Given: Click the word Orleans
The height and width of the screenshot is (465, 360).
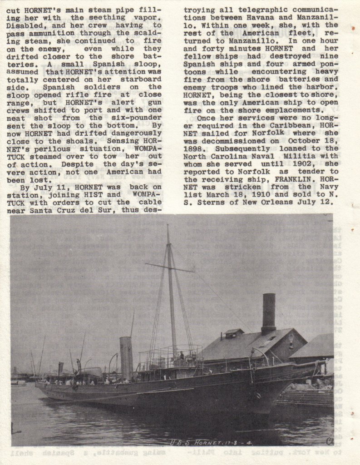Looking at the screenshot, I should (x=274, y=202).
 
